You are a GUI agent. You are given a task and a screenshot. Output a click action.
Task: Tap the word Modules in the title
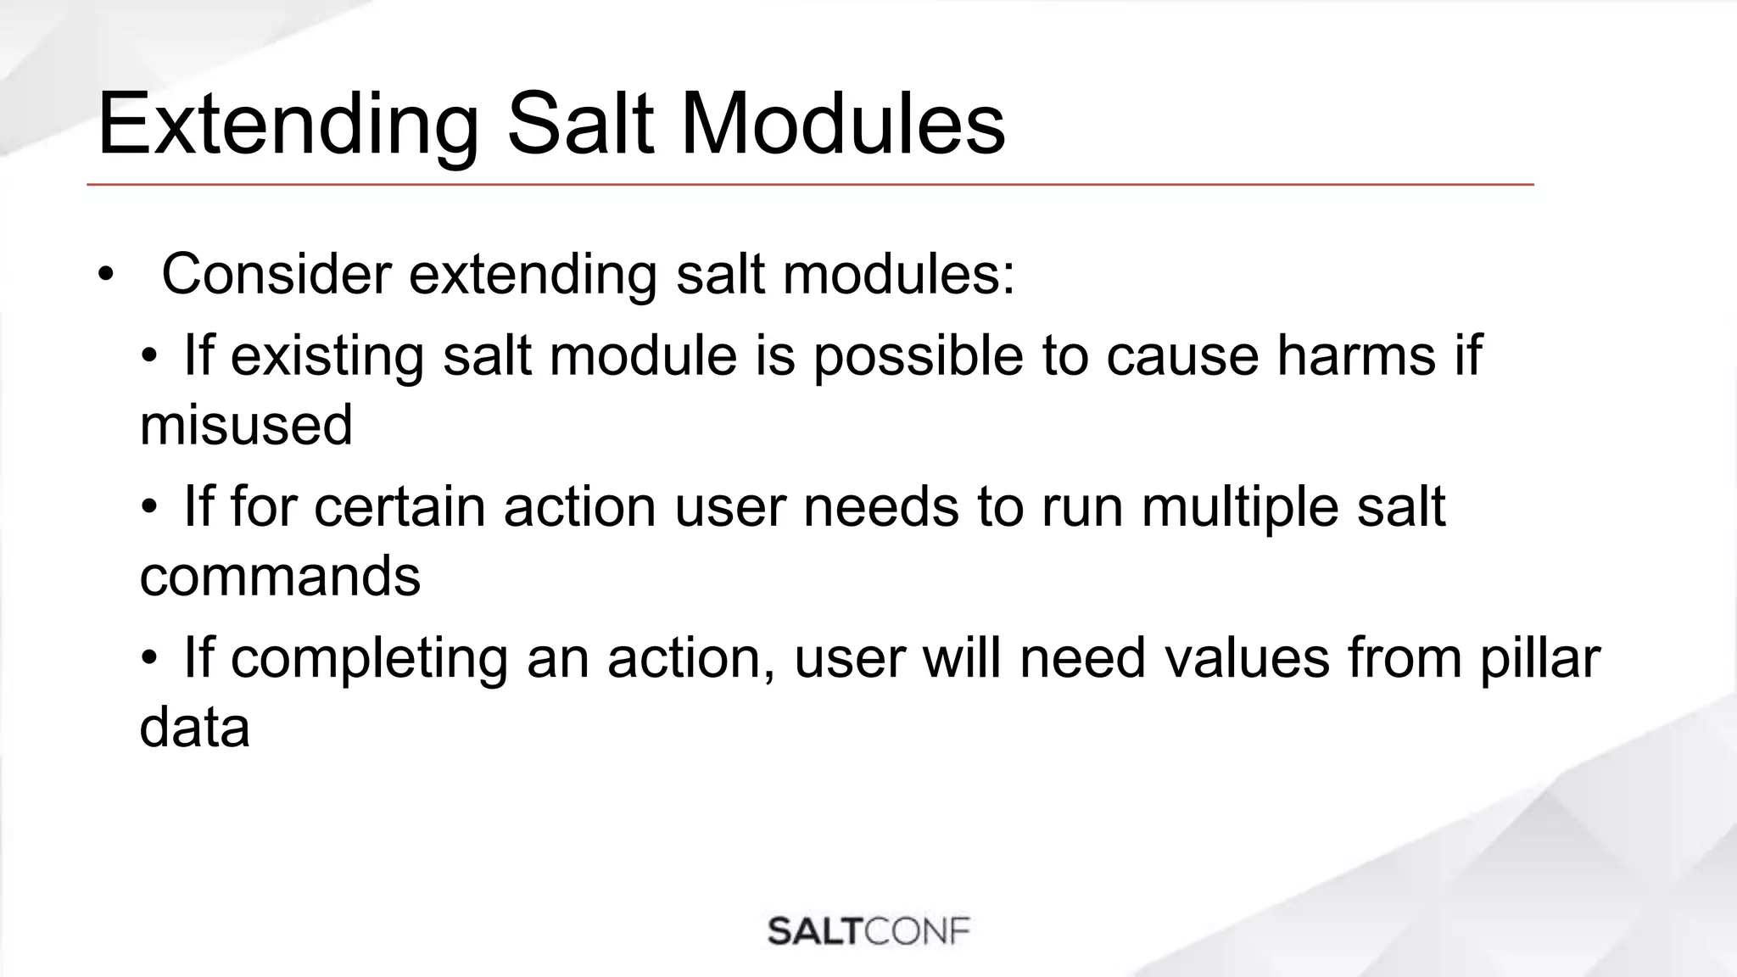(x=842, y=126)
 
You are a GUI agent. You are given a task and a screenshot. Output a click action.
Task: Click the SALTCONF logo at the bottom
(x=868, y=931)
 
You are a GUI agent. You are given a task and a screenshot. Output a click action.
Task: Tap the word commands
(x=280, y=577)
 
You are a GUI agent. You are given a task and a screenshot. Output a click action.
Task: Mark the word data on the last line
(x=194, y=728)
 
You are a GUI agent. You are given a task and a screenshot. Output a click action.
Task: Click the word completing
(x=368, y=660)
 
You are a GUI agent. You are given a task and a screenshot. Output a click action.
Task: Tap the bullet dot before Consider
(x=105, y=275)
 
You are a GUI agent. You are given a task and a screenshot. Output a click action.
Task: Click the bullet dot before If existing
(x=149, y=356)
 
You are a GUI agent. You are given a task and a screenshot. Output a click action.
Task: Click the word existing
(x=327, y=356)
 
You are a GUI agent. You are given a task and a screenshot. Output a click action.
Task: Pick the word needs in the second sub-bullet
(x=880, y=507)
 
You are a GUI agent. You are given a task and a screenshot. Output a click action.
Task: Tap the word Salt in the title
(x=580, y=126)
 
